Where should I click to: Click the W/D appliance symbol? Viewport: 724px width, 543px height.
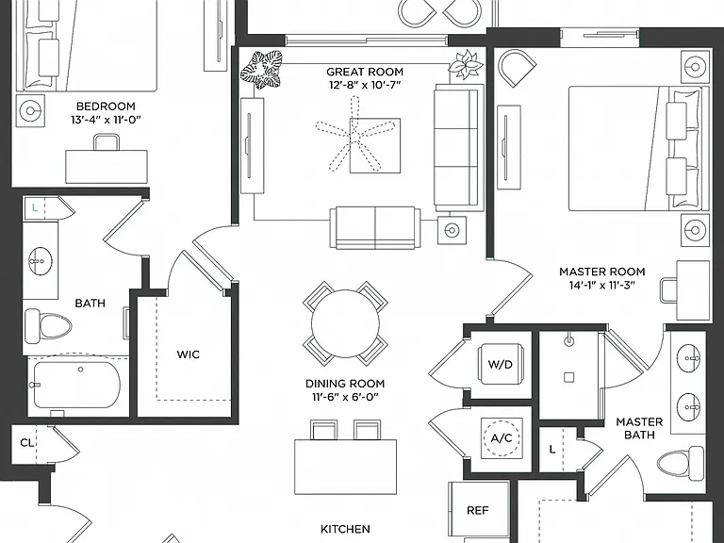[x=501, y=364]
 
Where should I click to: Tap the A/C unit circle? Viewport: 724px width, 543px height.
[x=502, y=437]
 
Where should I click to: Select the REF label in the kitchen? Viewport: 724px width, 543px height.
[x=477, y=510]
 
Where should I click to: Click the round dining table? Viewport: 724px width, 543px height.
[x=345, y=323]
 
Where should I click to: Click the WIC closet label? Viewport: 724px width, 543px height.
[x=189, y=354]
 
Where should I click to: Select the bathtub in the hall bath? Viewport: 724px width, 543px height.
[x=76, y=385]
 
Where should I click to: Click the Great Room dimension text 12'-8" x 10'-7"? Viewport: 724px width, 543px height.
[x=365, y=85]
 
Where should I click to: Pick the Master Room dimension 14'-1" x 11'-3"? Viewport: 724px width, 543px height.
[x=602, y=285]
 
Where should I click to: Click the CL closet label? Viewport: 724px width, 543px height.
[x=26, y=443]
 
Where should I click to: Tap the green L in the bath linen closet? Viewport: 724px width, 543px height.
[x=35, y=207]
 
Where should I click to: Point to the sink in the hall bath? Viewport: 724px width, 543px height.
[x=41, y=261]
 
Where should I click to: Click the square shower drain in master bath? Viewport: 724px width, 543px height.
[x=568, y=378]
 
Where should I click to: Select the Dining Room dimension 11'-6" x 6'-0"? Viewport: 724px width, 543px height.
[x=345, y=397]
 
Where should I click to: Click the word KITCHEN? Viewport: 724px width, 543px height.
[x=345, y=529]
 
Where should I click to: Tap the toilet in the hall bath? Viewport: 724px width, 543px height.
[x=47, y=326]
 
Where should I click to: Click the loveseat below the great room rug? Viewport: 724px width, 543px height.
[x=375, y=227]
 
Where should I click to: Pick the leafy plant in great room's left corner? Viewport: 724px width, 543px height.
[x=261, y=69]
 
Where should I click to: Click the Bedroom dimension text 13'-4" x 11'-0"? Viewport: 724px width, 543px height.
[x=106, y=120]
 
